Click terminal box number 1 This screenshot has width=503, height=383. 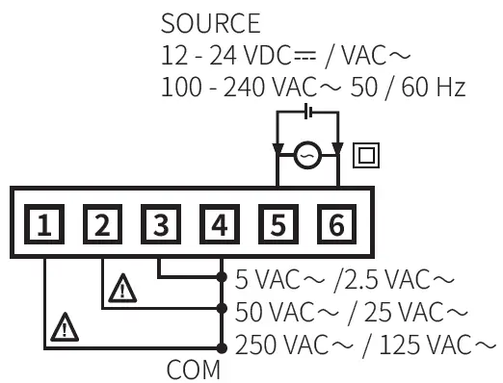[45, 226]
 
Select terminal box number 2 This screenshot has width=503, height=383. [103, 226]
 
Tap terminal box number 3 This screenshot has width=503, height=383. [161, 226]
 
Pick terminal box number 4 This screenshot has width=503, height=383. [220, 226]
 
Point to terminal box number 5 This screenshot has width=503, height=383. [278, 226]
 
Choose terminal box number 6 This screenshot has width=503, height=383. [335, 226]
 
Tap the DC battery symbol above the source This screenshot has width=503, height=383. [307, 113]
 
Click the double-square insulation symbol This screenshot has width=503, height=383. [366, 154]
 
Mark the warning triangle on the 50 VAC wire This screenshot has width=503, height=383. [122, 288]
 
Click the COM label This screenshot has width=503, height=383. [194, 370]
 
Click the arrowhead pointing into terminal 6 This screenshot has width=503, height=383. [337, 151]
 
